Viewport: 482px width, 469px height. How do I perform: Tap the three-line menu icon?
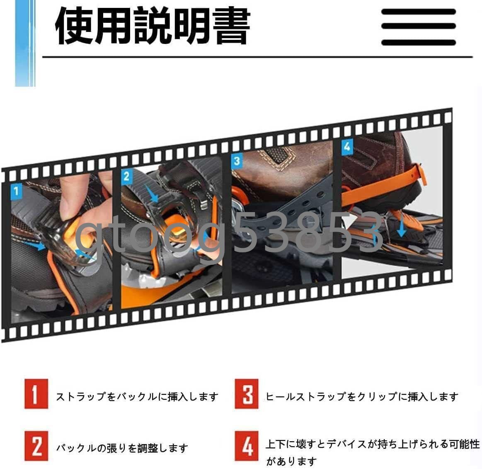tap(418, 27)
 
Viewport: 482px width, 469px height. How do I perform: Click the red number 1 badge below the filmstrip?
tap(36, 394)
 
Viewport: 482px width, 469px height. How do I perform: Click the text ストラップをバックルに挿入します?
tap(137, 397)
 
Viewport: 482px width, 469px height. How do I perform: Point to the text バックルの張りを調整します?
tap(122, 448)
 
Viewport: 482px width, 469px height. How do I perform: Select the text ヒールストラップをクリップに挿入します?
tap(361, 397)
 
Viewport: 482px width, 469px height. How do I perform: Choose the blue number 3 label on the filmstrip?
tap(237, 161)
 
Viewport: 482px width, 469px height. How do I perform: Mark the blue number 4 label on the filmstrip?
tap(347, 146)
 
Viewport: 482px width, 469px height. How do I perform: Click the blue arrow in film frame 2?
tap(153, 193)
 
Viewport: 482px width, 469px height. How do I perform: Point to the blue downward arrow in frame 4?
tap(401, 227)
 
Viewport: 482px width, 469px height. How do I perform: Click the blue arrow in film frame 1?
tap(39, 246)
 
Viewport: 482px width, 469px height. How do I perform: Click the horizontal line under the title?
tap(257, 57)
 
